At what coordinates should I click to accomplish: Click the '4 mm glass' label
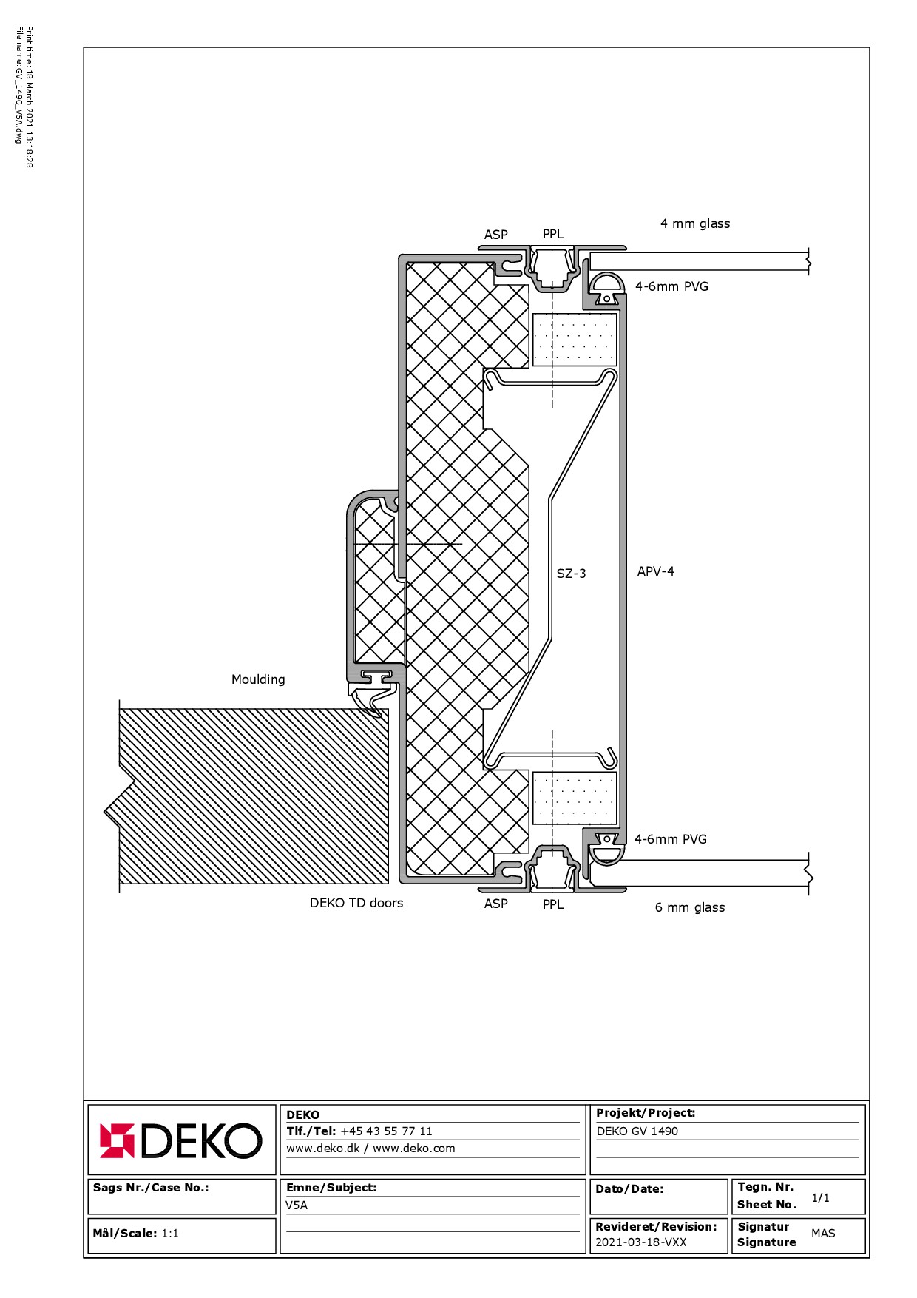click(x=695, y=223)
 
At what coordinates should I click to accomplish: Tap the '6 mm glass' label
click(x=690, y=907)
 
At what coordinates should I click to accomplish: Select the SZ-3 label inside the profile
click(x=571, y=574)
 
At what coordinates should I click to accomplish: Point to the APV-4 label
click(x=656, y=571)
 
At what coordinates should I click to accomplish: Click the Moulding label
click(x=258, y=679)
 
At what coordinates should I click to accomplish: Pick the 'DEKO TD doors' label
click(x=356, y=903)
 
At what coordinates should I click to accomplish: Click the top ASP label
click(x=496, y=235)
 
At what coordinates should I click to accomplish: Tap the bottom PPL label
click(x=553, y=904)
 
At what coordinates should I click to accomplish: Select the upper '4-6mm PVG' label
click(x=671, y=286)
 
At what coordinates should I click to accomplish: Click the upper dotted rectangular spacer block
click(x=575, y=339)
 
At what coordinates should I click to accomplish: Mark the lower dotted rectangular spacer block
click(x=575, y=798)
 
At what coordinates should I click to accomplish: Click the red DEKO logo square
click(x=118, y=1140)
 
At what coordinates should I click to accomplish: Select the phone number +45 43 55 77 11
click(x=386, y=1131)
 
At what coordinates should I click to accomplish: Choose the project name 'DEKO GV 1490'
click(x=637, y=1131)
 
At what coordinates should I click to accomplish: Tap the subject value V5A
click(x=297, y=1205)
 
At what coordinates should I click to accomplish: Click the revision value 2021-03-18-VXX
click(x=641, y=1242)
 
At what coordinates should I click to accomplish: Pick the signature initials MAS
click(x=823, y=1234)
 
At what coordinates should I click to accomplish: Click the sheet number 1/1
click(x=820, y=1198)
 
